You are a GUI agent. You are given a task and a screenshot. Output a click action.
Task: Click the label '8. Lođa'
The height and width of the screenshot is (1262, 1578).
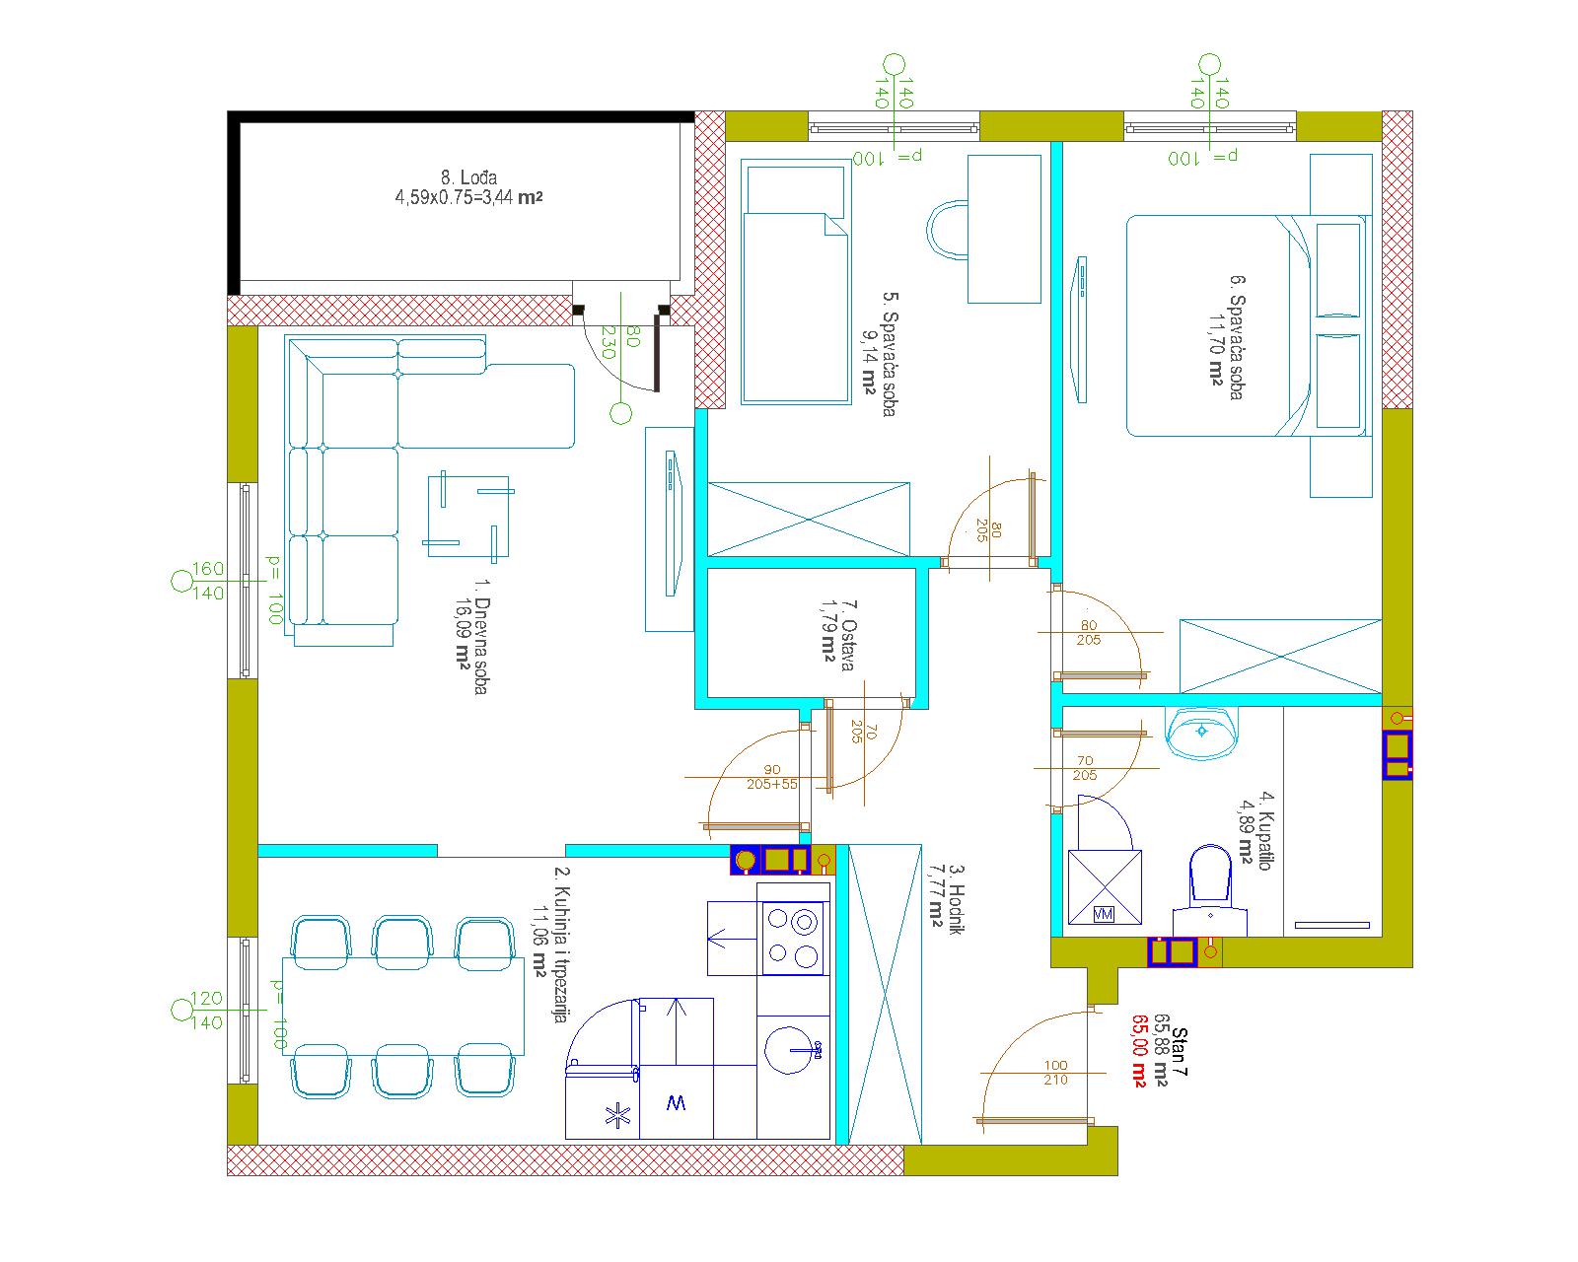click(x=468, y=177)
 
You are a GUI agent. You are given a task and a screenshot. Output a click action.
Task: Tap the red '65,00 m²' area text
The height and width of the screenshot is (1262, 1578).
click(x=1139, y=1050)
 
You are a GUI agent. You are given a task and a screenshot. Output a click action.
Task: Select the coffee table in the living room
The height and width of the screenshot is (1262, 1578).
click(x=468, y=516)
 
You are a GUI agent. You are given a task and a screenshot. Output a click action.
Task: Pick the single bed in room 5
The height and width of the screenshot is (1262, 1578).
click(x=796, y=282)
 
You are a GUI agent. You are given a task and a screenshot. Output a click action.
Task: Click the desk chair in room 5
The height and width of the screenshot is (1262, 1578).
click(x=948, y=231)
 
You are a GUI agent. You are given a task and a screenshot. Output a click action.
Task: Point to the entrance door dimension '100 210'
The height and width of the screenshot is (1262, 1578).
click(x=1056, y=1072)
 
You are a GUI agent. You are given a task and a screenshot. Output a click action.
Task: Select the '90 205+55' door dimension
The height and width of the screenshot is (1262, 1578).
click(x=772, y=777)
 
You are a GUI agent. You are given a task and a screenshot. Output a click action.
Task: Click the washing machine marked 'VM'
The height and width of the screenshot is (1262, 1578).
click(x=1105, y=886)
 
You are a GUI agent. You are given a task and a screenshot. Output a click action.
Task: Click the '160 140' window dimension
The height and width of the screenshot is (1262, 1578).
click(x=208, y=581)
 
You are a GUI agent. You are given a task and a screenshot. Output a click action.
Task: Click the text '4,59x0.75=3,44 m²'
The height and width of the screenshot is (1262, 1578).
click(x=468, y=197)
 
